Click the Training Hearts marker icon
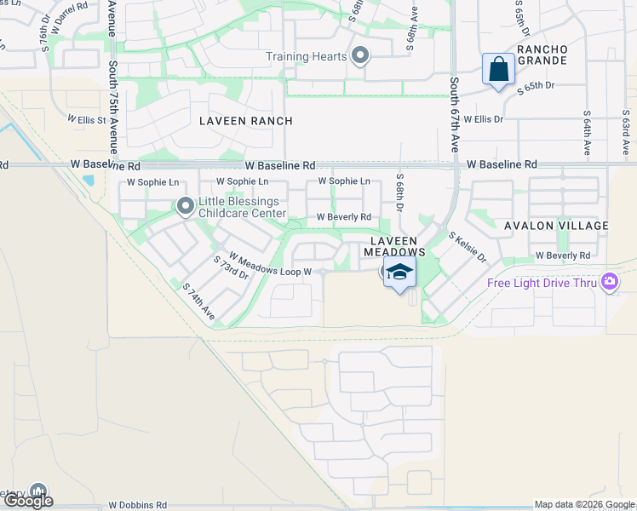tap(360, 57)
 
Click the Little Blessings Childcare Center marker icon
tap(185, 205)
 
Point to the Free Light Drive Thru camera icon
tap(609, 282)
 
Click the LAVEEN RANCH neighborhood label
tap(246, 121)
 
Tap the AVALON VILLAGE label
tap(556, 226)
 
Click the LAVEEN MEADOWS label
tap(394, 247)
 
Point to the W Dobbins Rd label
tap(138, 505)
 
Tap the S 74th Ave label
tap(198, 302)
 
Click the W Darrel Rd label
tap(70, 18)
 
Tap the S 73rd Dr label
tap(230, 267)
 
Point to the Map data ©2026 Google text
tap(583, 505)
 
